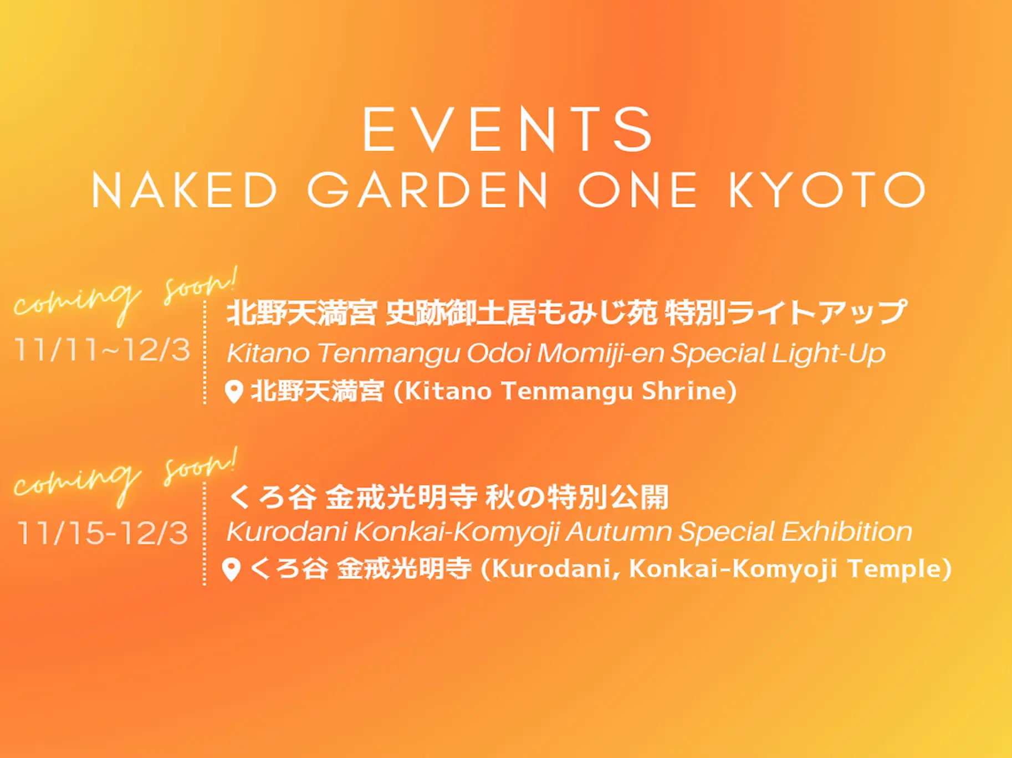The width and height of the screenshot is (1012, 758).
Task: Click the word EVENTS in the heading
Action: [x=508, y=130]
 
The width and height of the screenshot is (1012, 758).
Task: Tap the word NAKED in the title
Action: [x=185, y=190]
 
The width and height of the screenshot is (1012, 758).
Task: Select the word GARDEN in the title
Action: [x=427, y=190]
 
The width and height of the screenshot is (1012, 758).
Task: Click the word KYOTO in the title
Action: [x=827, y=190]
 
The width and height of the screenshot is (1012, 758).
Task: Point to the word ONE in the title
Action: [x=638, y=190]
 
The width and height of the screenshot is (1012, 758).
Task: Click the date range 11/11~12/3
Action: [x=103, y=350]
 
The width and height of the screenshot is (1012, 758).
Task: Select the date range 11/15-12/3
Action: [x=103, y=533]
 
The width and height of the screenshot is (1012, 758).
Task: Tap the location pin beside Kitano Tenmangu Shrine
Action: [x=234, y=392]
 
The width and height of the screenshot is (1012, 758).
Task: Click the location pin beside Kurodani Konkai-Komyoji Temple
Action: [x=231, y=570]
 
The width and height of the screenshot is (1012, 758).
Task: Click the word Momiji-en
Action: [x=600, y=354]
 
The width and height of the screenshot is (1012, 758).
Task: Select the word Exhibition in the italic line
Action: [x=846, y=532]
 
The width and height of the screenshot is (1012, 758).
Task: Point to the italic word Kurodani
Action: [x=287, y=532]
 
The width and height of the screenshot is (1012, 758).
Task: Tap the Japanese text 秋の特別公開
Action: [x=577, y=496]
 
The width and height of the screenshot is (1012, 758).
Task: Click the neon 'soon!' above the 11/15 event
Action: [x=201, y=467]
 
